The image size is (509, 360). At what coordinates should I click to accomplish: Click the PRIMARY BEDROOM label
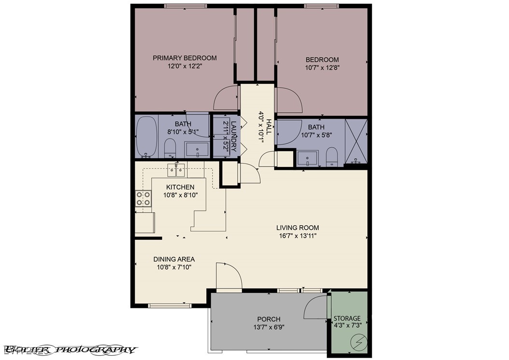click(184, 58)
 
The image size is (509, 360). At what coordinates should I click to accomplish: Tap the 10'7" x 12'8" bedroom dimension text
click(322, 68)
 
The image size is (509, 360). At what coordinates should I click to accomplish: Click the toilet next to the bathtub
click(170, 148)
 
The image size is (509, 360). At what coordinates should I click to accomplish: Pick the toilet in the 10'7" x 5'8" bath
click(332, 157)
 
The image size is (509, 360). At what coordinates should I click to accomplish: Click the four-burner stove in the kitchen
click(142, 198)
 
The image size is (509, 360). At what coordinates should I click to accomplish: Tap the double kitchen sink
click(176, 169)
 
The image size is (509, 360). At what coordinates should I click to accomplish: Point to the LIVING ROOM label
click(297, 228)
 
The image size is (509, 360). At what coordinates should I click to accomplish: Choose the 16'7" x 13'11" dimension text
click(297, 236)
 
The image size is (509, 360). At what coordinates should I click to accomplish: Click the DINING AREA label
click(174, 259)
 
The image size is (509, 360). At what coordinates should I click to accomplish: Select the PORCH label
click(269, 319)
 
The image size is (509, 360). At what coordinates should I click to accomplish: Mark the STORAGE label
click(347, 318)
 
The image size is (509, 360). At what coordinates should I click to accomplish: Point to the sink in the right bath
click(307, 158)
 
